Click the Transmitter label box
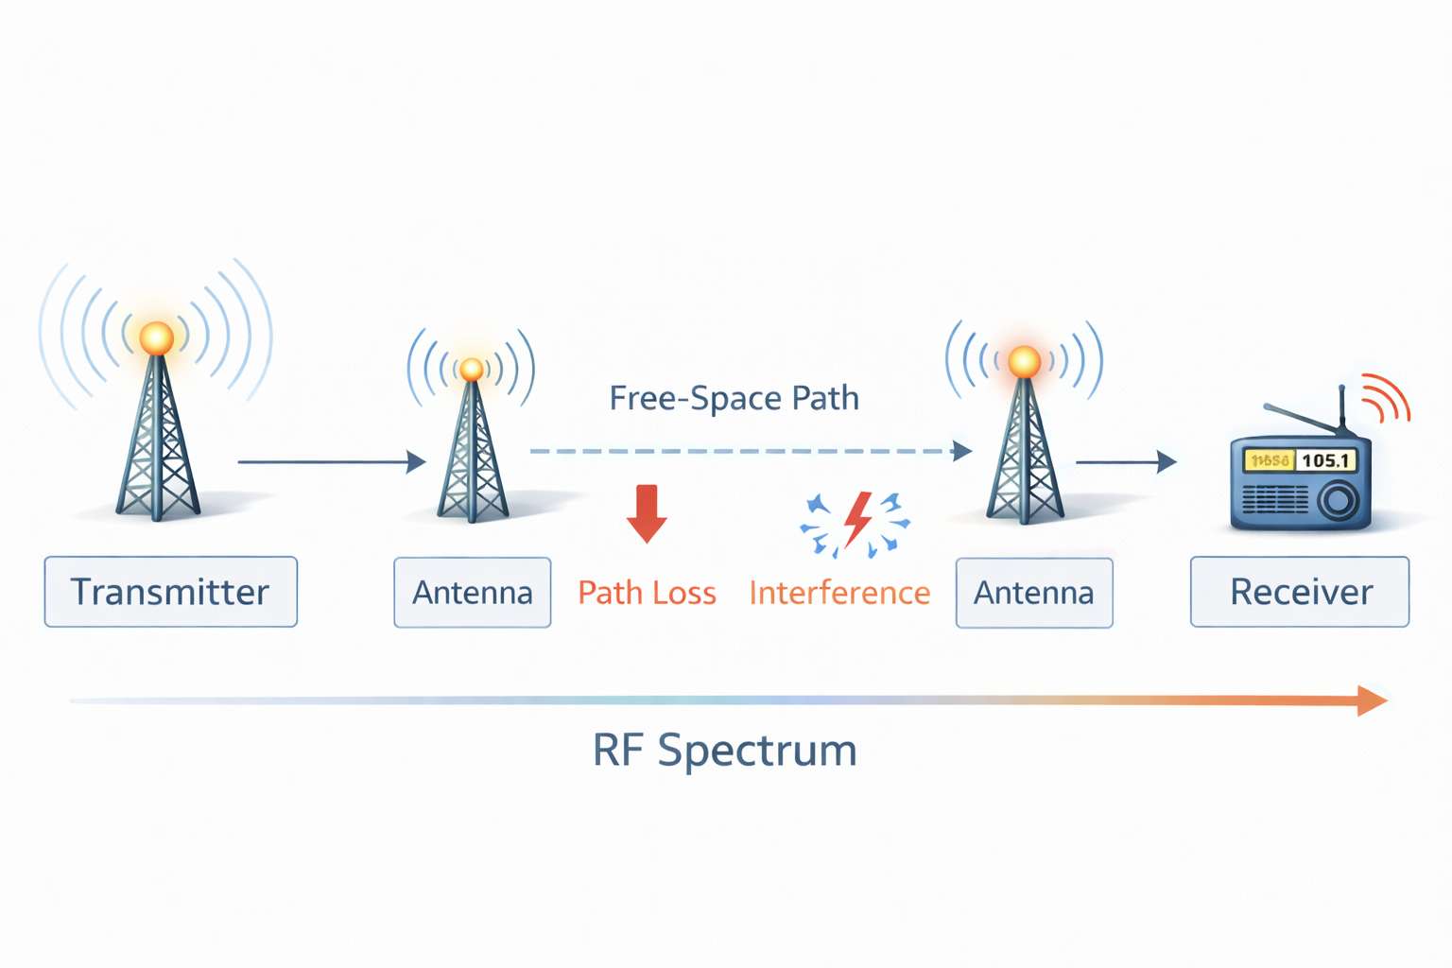pos(170,592)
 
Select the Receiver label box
pos(1300,592)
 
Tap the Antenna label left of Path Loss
pos(472,593)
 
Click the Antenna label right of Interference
pos(1034,593)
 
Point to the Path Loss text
pos(647,593)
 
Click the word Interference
pos(839,593)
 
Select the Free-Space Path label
pos(734,398)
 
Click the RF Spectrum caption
pos(724,751)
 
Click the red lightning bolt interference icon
pos(856,519)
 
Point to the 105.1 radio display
pos(1325,460)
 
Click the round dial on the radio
pos(1338,500)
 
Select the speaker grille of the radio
pos(1275,499)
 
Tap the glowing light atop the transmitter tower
pos(156,337)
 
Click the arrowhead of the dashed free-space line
pos(962,451)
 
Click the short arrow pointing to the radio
pos(1126,462)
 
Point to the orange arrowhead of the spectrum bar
pos(1372,700)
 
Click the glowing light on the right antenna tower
pos(1024,361)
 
